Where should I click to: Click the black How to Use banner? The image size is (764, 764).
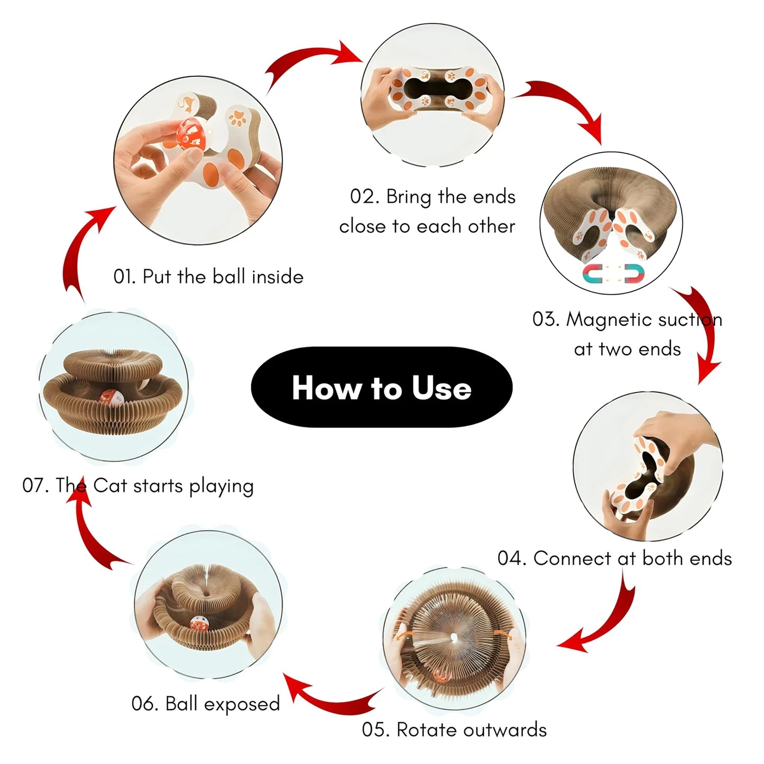pyautogui.click(x=381, y=387)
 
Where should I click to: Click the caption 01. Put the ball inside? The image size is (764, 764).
pyautogui.click(x=208, y=277)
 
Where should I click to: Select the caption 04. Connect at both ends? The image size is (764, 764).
pyautogui.click(x=614, y=558)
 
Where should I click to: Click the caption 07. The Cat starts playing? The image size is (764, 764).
pyautogui.click(x=137, y=486)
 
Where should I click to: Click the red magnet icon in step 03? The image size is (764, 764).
pyautogui.click(x=634, y=273)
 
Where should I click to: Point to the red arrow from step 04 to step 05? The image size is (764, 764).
pyautogui.click(x=606, y=619)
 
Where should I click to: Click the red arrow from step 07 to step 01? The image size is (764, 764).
pyautogui.click(x=77, y=254)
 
